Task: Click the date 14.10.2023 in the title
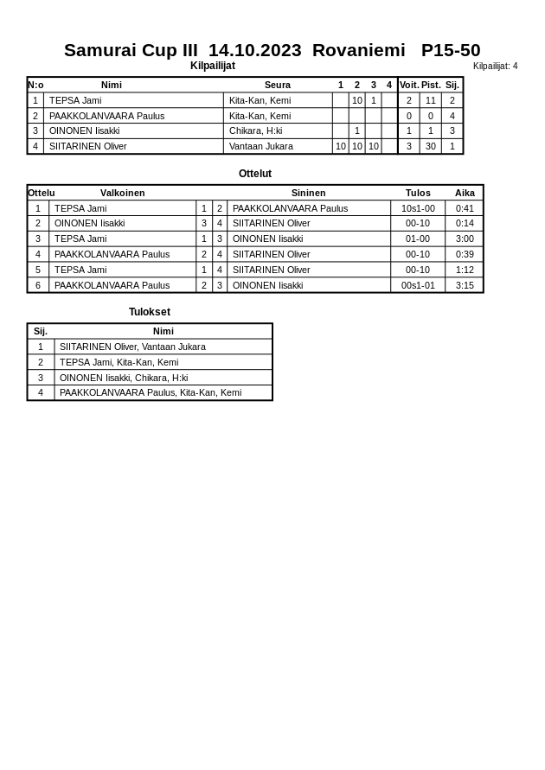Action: [x=255, y=50]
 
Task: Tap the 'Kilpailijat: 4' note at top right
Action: [x=495, y=66]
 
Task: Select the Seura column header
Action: [x=277, y=85]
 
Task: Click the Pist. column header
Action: [x=431, y=85]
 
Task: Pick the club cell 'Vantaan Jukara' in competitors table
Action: [x=260, y=146]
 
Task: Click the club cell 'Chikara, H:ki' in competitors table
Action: [x=255, y=130]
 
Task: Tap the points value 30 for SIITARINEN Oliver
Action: [x=431, y=146]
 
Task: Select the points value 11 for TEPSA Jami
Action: [x=431, y=100]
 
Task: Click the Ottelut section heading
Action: [x=255, y=174]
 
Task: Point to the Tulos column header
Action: [x=418, y=193]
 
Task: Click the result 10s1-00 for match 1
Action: [x=418, y=208]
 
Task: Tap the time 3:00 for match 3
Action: [x=465, y=239]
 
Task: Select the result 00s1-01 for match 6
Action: [x=418, y=285]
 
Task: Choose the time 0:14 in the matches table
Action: [x=465, y=223]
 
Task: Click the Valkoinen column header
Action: [x=122, y=193]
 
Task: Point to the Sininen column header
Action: [x=308, y=193]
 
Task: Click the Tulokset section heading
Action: [x=150, y=312]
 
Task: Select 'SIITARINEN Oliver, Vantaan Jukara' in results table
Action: [x=132, y=347]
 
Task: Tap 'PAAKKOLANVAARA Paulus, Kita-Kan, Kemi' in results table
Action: [x=151, y=392]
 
